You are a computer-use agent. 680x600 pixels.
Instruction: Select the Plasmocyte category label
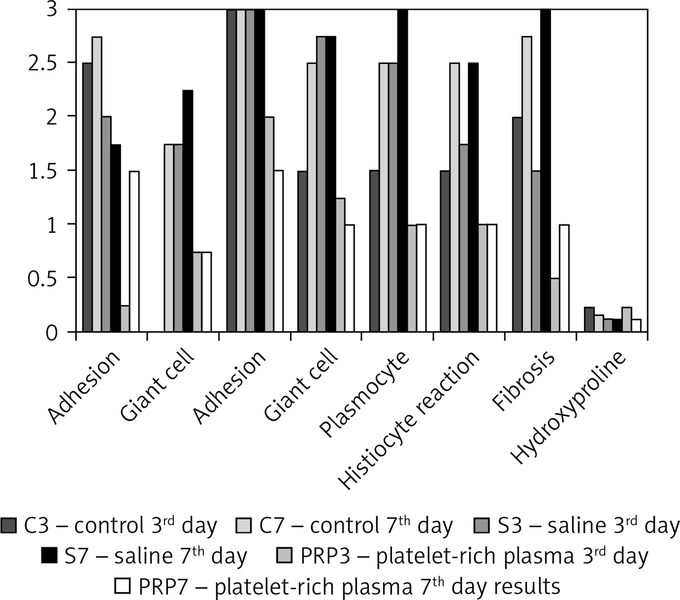365,394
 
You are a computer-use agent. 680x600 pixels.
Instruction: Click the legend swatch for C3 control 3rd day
8,526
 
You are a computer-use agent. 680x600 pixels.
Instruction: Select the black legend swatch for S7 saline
49,556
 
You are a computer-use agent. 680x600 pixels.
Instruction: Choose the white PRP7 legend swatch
122,586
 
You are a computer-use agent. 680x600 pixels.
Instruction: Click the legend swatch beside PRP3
285,556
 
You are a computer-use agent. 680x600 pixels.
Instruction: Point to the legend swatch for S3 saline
482,526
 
